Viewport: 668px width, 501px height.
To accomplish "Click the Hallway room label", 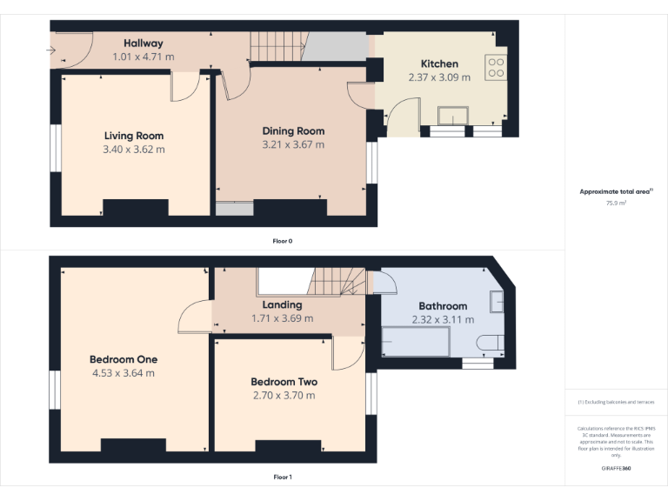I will click(x=143, y=43).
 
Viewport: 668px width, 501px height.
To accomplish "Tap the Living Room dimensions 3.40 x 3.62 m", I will click(x=134, y=150).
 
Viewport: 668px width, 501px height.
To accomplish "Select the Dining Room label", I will click(x=293, y=131).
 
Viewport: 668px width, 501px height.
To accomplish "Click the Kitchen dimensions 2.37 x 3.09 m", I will click(x=439, y=77).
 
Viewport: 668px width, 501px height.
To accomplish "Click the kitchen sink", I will click(x=453, y=117).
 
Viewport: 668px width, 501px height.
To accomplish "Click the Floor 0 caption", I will click(x=282, y=240).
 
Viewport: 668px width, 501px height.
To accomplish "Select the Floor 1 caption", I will click(x=282, y=477).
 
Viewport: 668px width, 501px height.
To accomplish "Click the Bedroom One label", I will click(x=124, y=359).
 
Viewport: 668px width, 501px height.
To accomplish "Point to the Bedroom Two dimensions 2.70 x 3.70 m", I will click(x=284, y=396).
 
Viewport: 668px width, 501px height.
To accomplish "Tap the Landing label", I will click(x=282, y=304).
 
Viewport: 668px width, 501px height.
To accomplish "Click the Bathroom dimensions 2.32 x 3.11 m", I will click(x=443, y=320).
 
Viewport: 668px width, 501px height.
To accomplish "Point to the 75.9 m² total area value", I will click(x=616, y=203).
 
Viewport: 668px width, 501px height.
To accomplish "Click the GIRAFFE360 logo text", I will click(x=616, y=469).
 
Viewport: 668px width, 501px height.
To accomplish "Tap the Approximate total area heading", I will click(x=615, y=191).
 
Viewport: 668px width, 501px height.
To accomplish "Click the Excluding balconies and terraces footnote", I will click(x=616, y=402).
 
